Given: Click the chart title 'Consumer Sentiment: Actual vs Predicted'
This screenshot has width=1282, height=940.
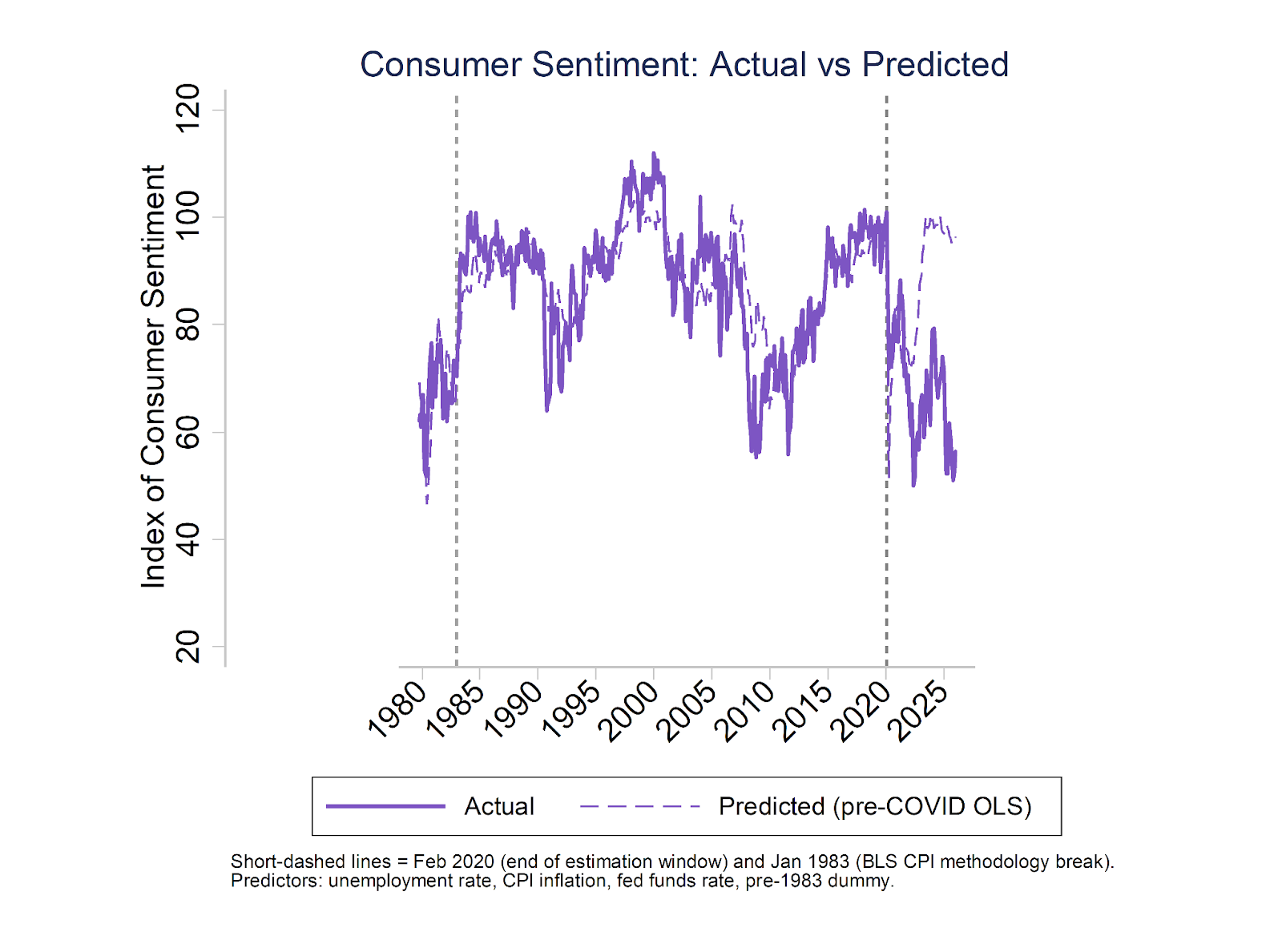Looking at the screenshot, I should click(x=683, y=64).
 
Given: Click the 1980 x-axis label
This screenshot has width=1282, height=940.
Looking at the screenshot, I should click(x=397, y=708).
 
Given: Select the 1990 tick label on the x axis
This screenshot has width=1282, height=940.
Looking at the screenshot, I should click(x=514, y=708).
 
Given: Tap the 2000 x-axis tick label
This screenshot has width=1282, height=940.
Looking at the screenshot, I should click(x=630, y=708).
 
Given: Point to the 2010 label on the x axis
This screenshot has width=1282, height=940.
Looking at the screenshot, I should click(x=746, y=708).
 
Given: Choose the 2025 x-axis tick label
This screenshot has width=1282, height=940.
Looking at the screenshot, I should click(x=920, y=708).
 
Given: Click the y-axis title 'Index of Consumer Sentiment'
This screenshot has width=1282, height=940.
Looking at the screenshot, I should click(x=152, y=377).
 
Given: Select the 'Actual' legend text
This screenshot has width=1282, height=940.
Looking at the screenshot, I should click(x=499, y=806).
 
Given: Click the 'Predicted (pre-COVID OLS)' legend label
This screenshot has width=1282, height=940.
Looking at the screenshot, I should click(x=875, y=806).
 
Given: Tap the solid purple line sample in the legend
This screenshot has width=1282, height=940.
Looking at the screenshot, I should click(x=385, y=806).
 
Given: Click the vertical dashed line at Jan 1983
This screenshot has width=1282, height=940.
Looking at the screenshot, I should click(x=457, y=561).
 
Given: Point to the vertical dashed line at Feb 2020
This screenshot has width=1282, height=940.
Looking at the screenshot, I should click(x=886, y=561).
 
